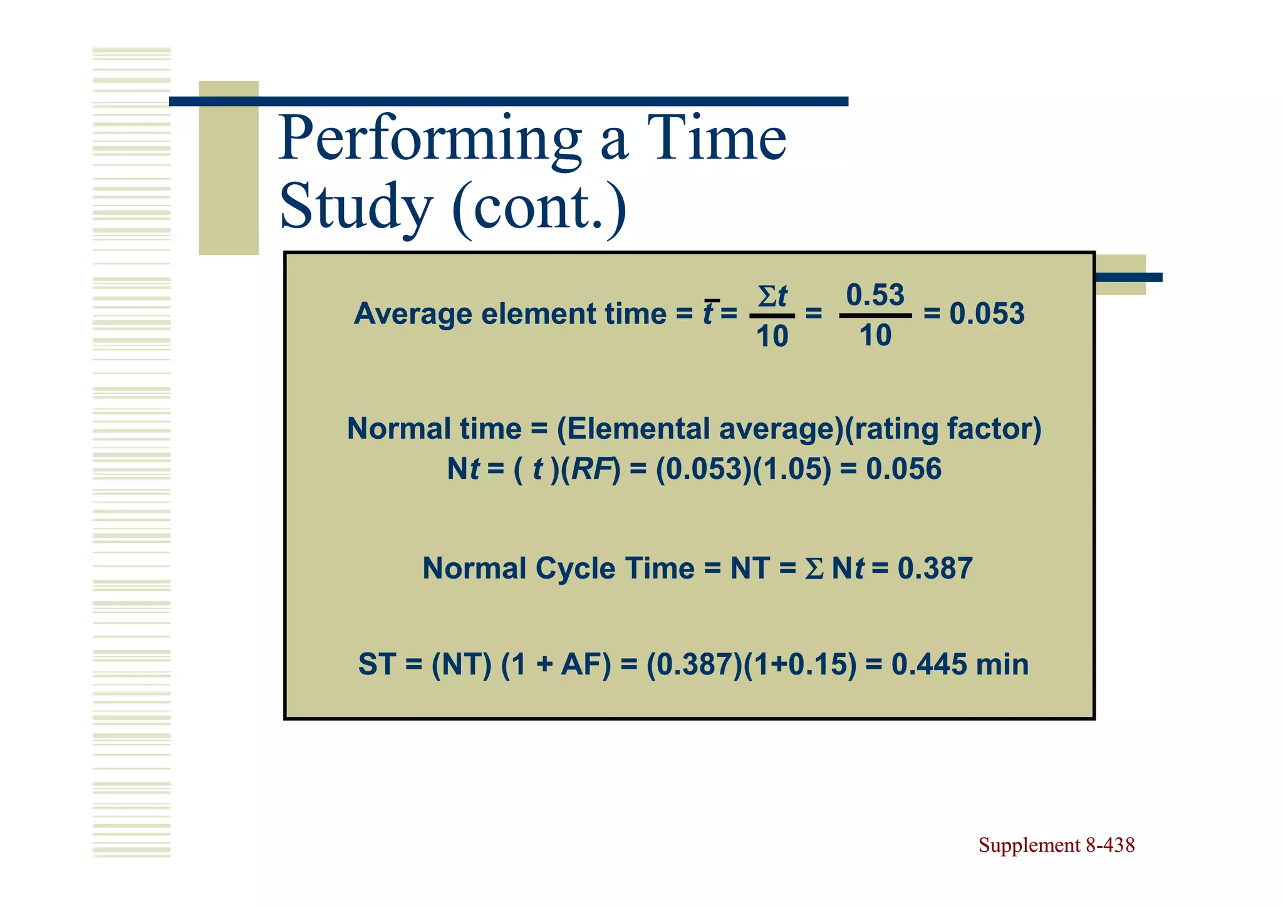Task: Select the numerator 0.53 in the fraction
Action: [x=875, y=295]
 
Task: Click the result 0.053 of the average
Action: [x=987, y=313]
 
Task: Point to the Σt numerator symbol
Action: [x=772, y=296]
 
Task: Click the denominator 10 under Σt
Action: [x=772, y=337]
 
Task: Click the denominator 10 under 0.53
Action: [x=875, y=336]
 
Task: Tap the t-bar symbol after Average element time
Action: [x=709, y=313]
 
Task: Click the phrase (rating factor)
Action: [x=943, y=429]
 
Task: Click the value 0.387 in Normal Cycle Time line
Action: [x=935, y=569]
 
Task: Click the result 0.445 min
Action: [x=960, y=664]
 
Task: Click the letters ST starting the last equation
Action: [x=377, y=664]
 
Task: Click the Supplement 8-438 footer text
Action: [x=1056, y=845]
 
